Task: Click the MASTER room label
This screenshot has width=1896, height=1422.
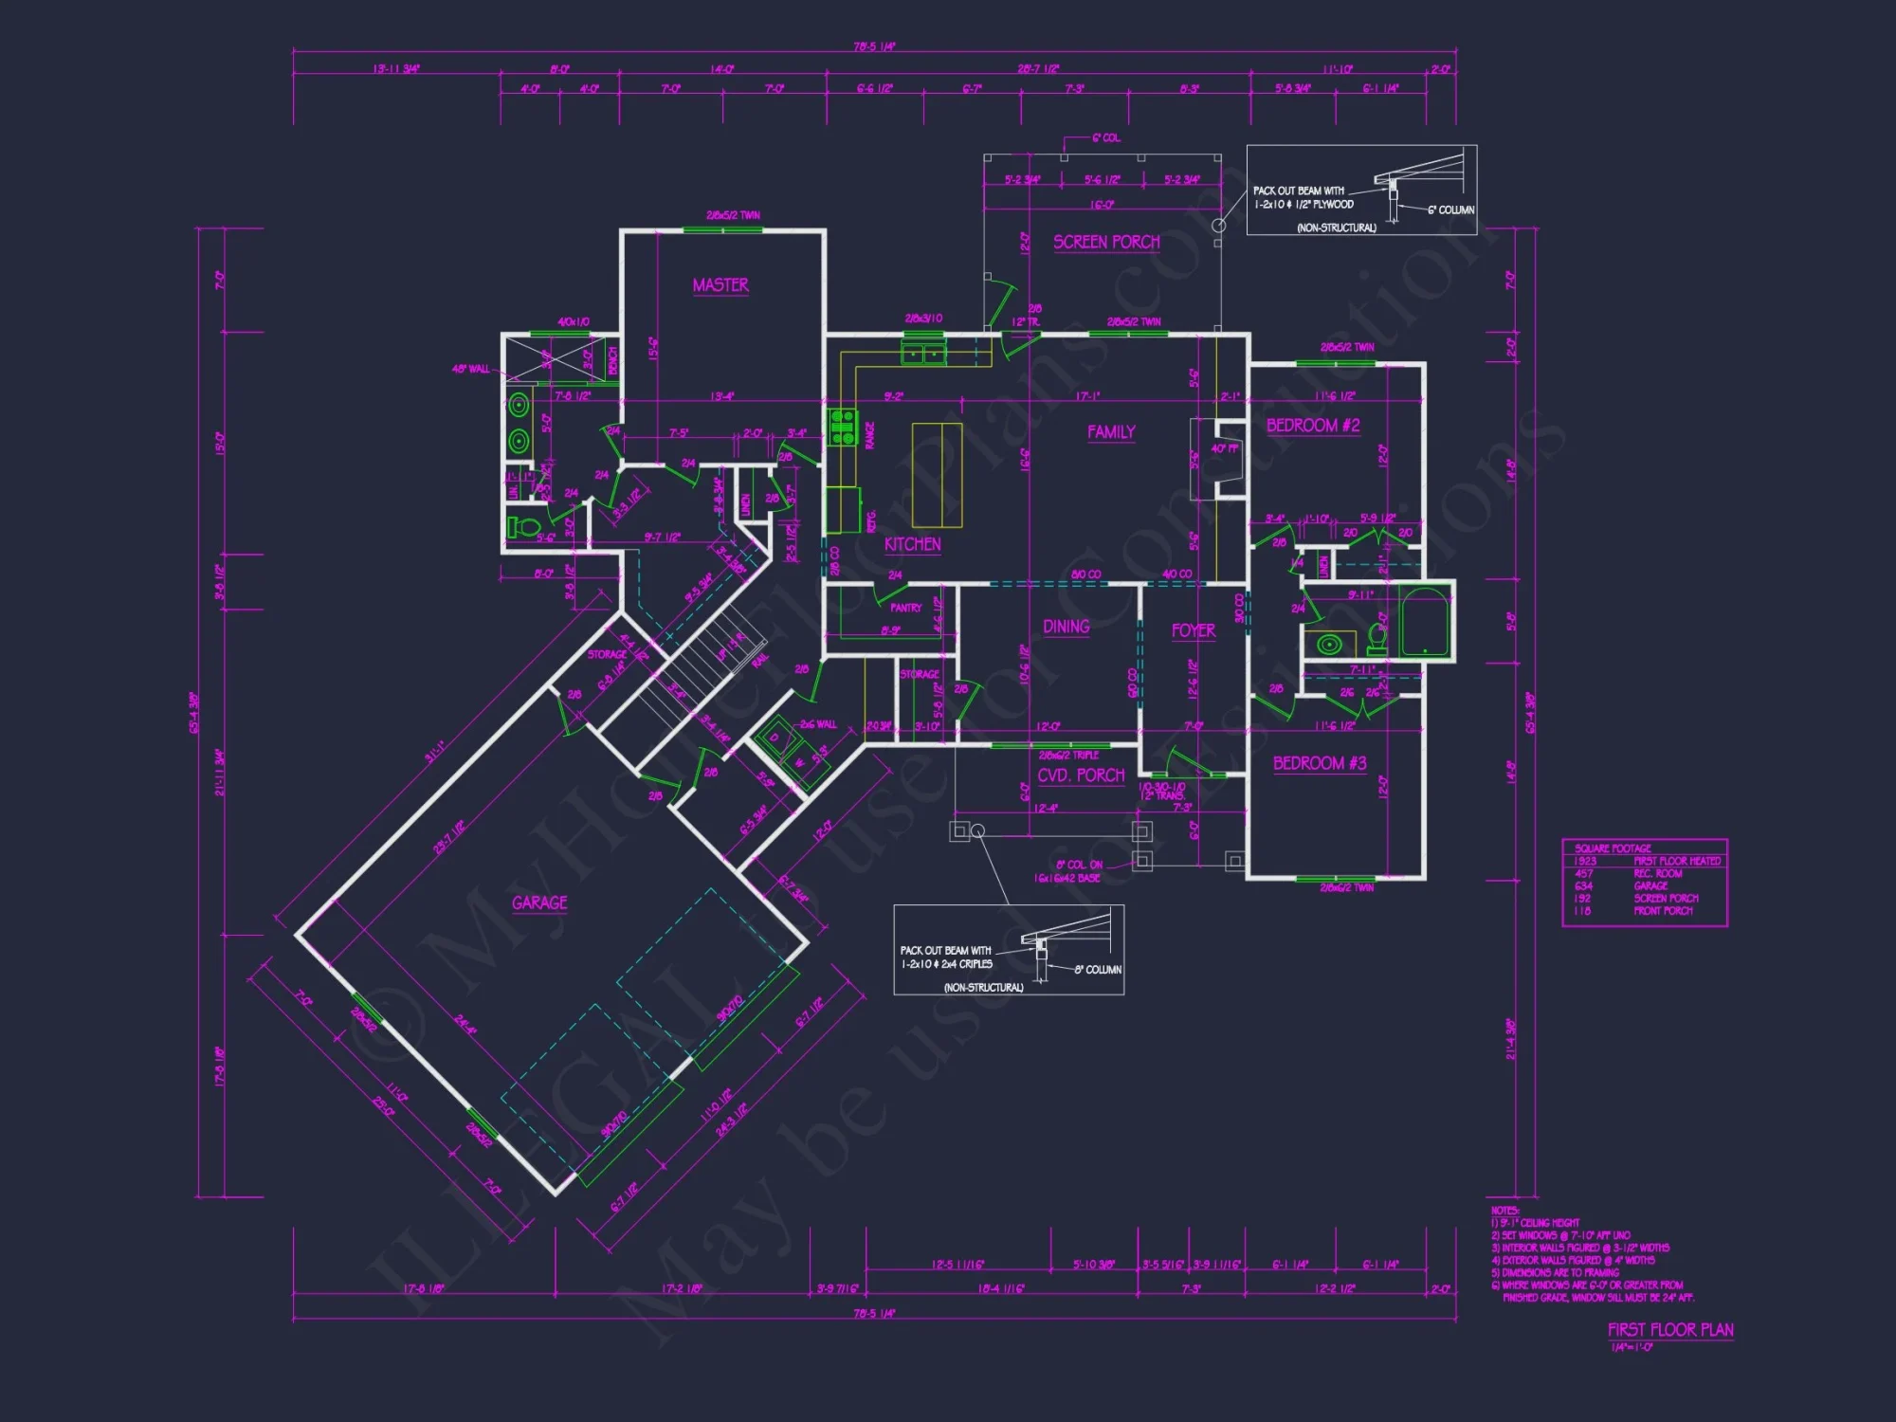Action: coord(720,284)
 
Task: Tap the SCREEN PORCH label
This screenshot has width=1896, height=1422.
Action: coord(1106,242)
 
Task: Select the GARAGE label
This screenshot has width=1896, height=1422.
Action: coord(539,902)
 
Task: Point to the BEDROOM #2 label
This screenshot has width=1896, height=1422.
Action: coord(1313,426)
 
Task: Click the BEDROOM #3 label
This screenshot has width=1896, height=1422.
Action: coord(1320,763)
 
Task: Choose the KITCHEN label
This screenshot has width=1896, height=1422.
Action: coord(912,544)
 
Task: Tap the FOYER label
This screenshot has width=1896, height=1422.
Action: coord(1193,630)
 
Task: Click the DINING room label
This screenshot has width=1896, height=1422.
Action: coord(1066,627)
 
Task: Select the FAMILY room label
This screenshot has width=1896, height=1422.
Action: coord(1111,432)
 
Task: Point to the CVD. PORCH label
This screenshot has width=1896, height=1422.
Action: coord(1081,775)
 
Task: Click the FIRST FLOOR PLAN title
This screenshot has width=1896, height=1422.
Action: coord(1670,1330)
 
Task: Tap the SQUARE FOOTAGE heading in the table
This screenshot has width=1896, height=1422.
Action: coord(1613,848)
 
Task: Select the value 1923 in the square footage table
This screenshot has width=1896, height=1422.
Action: coord(1585,861)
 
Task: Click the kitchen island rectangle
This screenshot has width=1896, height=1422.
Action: coord(937,475)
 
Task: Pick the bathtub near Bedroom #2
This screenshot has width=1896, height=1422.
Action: coord(1425,622)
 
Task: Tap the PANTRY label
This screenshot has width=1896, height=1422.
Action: coord(905,608)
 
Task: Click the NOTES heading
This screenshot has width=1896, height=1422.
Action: coord(1504,1211)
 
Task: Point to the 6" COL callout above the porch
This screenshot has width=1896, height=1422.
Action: coord(1105,138)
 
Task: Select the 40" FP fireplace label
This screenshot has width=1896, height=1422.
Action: coord(1224,448)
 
